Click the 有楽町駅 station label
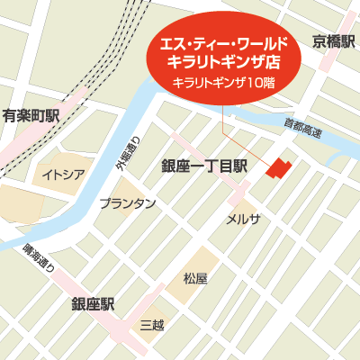[x=30, y=117]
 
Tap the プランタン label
[x=127, y=204]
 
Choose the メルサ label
[x=243, y=219]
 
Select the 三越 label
[x=152, y=325]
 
